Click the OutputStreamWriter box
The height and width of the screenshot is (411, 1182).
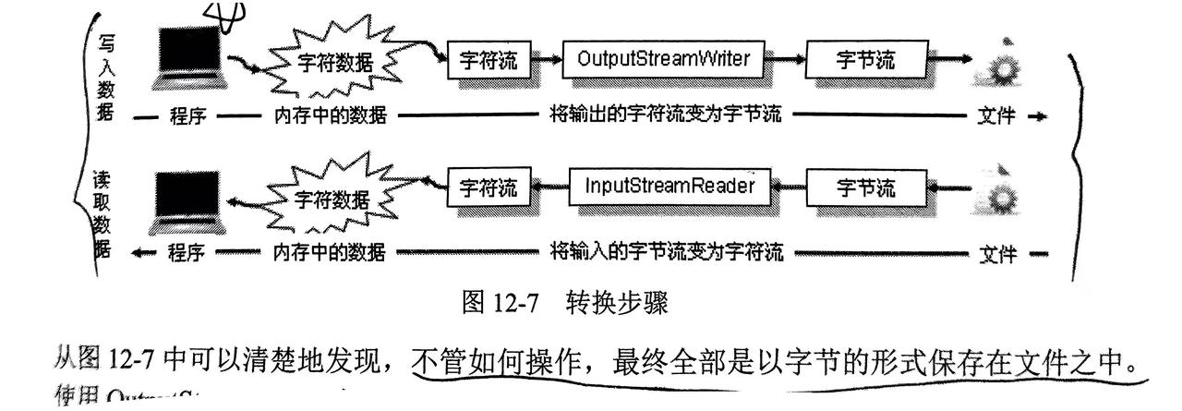(670, 60)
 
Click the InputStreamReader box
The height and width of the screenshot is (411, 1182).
(669, 187)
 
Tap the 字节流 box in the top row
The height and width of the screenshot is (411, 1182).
(865, 60)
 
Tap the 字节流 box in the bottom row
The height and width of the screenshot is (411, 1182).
(865, 187)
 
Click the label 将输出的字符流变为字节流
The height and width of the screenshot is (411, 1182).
(665, 115)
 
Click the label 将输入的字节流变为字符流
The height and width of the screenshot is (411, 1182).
(665, 251)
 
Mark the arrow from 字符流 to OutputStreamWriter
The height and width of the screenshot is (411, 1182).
(551, 61)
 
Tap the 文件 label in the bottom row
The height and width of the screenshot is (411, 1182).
(997, 252)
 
